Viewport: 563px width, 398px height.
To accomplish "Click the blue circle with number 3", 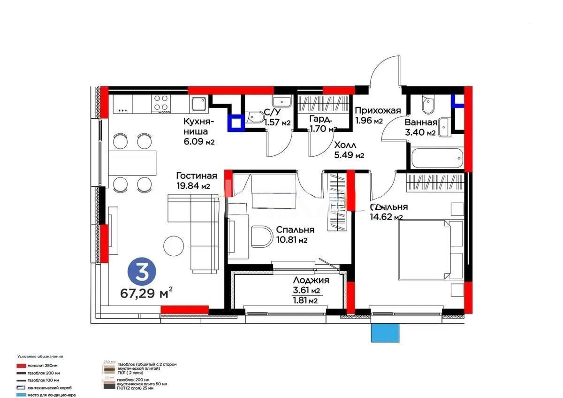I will [x=139, y=271].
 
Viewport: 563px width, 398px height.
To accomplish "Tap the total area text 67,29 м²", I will [x=146, y=294].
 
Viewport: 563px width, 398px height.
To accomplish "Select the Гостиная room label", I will [x=197, y=176].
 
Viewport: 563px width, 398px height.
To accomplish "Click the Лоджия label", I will [x=309, y=280].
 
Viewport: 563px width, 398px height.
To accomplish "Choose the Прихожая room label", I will [x=378, y=111].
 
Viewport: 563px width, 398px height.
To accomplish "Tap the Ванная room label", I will [x=421, y=123].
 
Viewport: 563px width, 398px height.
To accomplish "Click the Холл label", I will [x=345, y=145].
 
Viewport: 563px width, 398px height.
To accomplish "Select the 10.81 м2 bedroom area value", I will [x=291, y=240].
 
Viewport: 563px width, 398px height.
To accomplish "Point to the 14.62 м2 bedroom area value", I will [x=386, y=217].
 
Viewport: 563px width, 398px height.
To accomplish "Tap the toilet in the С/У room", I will [x=255, y=117].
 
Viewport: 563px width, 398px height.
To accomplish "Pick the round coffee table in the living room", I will [x=173, y=245].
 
